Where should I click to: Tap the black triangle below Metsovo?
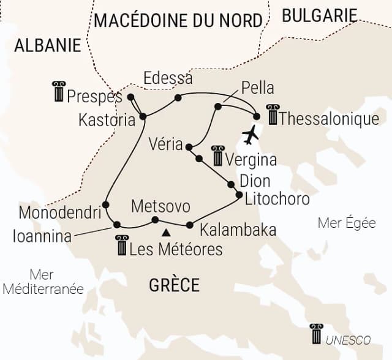pyautogui.click(x=165, y=233)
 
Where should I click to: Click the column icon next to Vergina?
pyautogui.click(x=217, y=156)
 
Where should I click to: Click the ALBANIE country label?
pyautogui.click(x=48, y=45)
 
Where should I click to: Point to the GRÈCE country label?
pyautogui.click(x=175, y=285)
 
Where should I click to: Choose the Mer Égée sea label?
pyautogui.click(x=347, y=223)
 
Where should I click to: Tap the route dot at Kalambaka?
pyautogui.click(x=189, y=224)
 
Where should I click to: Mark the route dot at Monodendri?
pyautogui.click(x=105, y=204)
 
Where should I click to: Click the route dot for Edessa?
pyautogui.click(x=178, y=97)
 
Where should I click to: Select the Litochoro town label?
pyautogui.click(x=277, y=199)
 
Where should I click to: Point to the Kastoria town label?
pyautogui.click(x=107, y=120)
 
